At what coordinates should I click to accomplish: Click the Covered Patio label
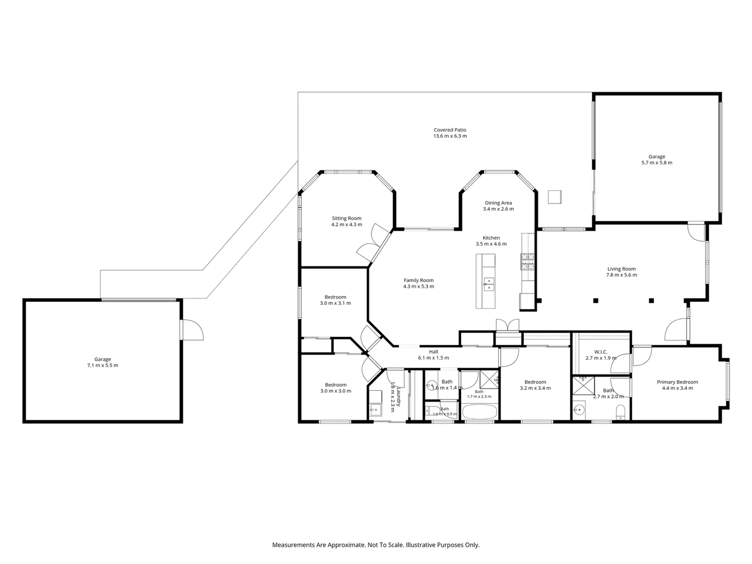(450, 130)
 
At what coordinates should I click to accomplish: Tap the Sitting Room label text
(346, 218)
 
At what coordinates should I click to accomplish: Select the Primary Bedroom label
(677, 382)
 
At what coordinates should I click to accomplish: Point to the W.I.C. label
(601, 351)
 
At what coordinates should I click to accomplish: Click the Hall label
(433, 351)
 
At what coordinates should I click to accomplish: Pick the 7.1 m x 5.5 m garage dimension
(102, 365)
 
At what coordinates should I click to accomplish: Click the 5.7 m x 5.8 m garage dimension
(656, 162)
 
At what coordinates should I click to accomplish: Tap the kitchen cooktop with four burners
(527, 262)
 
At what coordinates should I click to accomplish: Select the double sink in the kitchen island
(489, 284)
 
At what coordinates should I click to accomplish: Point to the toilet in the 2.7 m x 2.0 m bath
(620, 412)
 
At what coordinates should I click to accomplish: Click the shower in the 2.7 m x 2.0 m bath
(583, 385)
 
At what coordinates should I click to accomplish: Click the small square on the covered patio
(554, 197)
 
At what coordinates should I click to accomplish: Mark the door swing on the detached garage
(193, 330)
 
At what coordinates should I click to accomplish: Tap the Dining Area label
(498, 203)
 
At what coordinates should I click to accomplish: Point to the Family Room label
(418, 280)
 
